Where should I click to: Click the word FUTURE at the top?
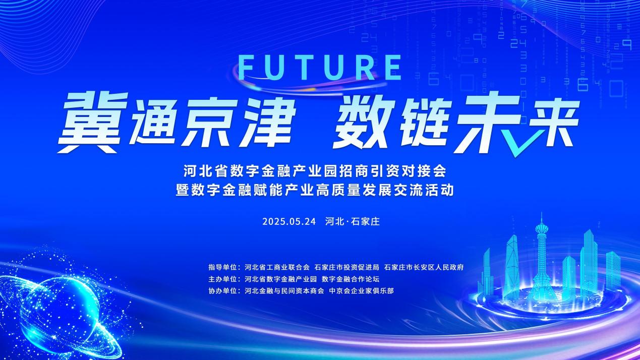[320, 68]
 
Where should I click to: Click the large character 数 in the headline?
[362, 124]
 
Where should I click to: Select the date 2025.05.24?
[289, 222]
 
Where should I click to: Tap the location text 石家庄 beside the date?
[365, 222]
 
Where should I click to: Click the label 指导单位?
[223, 267]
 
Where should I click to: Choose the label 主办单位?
[223, 279]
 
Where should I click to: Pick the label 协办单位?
[223, 291]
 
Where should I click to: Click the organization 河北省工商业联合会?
[277, 267]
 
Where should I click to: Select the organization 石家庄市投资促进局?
[347, 267]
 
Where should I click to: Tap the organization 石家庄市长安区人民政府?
[424, 267]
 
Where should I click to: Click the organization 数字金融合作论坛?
[351, 279]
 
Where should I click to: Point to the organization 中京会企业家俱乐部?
[362, 291]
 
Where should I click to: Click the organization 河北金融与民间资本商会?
[284, 291]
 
